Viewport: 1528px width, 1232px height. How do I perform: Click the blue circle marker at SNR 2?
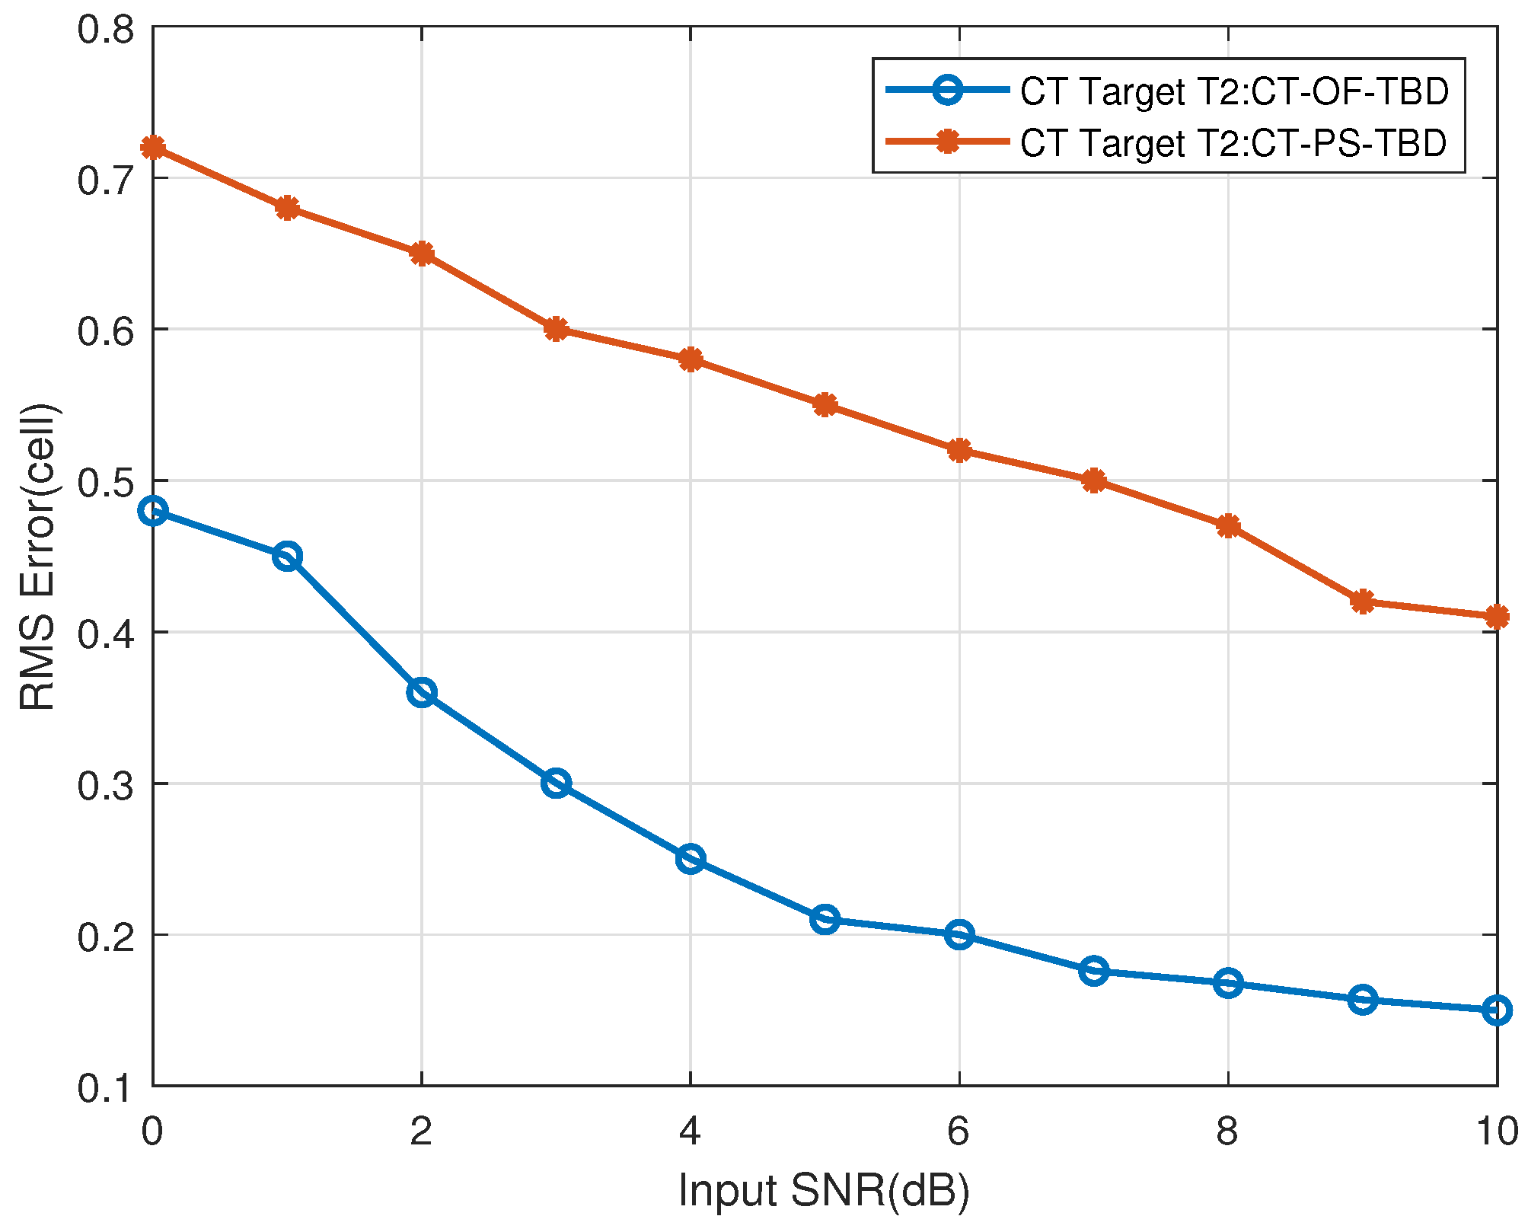[x=421, y=692]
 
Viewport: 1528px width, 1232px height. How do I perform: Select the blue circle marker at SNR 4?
[x=690, y=859]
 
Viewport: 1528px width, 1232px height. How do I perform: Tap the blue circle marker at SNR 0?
[x=153, y=511]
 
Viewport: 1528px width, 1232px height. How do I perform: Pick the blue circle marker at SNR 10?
[x=1497, y=1010]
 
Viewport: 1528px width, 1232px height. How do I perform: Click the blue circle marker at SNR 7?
[x=1093, y=971]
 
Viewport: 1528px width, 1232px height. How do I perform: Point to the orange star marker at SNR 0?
[x=153, y=147]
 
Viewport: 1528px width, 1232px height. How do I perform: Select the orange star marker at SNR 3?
[x=556, y=329]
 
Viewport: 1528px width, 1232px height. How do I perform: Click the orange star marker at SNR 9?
[x=1362, y=602]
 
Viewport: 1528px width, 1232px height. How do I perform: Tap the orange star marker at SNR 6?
[x=959, y=450]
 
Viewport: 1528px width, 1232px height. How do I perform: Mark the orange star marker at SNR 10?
[x=1497, y=617]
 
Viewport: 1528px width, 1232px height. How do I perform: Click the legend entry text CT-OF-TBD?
[x=1233, y=91]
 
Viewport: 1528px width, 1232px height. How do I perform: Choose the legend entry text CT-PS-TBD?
[x=1233, y=142]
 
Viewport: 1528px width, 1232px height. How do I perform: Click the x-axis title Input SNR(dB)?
[x=824, y=1190]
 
